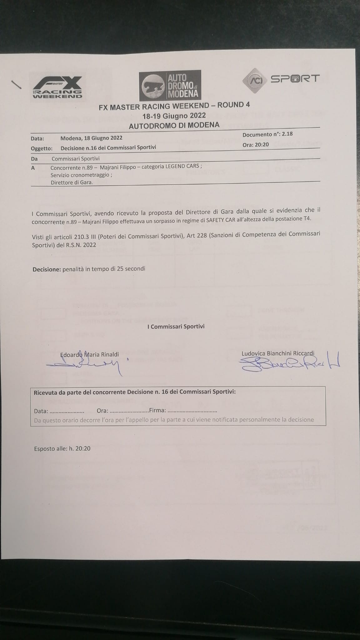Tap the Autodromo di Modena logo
170,85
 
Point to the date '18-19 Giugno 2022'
174,116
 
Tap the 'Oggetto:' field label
42,148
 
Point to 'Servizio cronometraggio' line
81,175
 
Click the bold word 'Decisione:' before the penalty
47,269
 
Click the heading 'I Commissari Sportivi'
176,326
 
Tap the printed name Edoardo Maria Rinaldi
90,355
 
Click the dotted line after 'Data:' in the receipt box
67,411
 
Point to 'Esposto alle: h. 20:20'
62,448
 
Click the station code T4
307,219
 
